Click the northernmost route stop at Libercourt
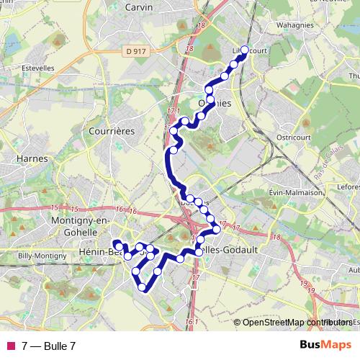(x=244, y=50)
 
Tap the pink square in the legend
(x=9, y=346)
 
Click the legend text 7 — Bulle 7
(x=48, y=346)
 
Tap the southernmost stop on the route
(x=143, y=287)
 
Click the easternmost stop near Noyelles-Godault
(x=216, y=230)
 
